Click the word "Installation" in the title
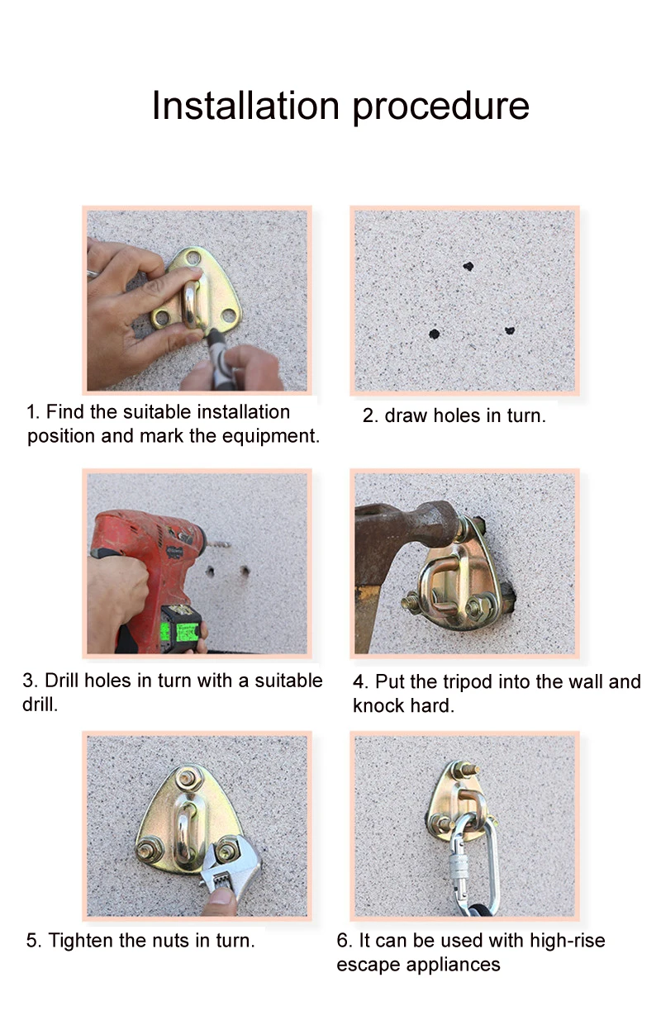(245, 106)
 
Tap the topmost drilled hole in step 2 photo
(468, 267)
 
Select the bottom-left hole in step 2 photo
(434, 335)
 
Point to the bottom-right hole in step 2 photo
(509, 330)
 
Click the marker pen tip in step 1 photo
(212, 338)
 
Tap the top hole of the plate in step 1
(193, 260)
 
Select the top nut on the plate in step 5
(189, 777)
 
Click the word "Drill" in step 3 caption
(62, 681)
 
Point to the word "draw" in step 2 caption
(405, 415)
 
